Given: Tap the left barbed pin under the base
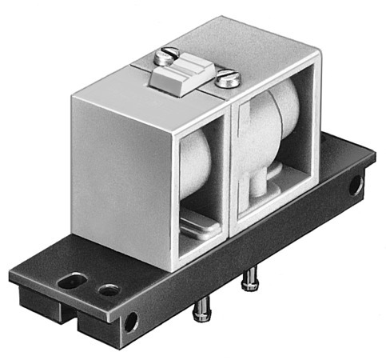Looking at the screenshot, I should pos(201,306).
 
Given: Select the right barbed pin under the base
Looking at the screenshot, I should pos(250,281).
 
